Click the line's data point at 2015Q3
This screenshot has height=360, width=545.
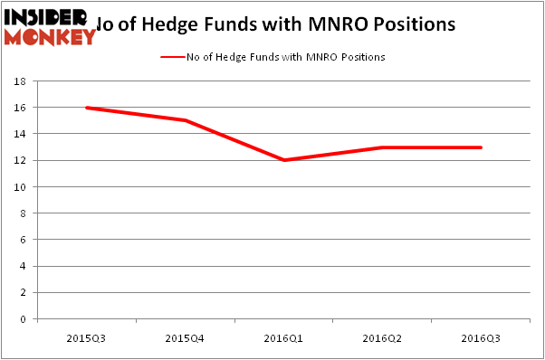[x=86, y=108]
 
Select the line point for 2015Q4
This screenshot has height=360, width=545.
[x=185, y=120]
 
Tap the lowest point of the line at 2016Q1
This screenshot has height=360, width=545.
[x=283, y=160]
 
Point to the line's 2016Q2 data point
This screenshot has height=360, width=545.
[x=382, y=147]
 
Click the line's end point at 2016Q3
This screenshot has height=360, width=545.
[x=481, y=147]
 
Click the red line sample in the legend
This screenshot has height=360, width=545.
[x=173, y=57]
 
